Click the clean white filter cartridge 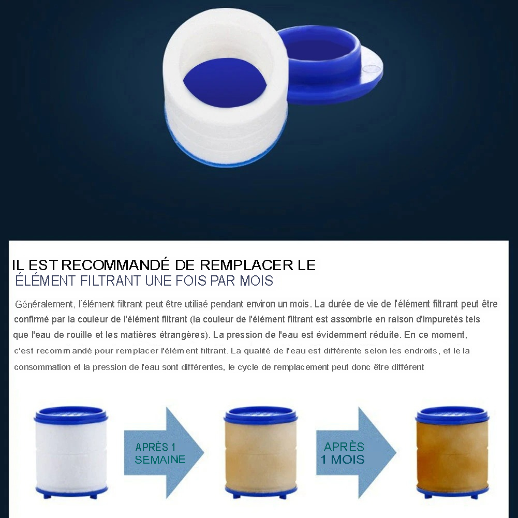click(x=71, y=452)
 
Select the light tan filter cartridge click(x=261, y=452)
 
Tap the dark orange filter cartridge click(x=452, y=452)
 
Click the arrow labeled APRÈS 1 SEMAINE click(x=164, y=453)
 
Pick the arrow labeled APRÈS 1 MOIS click(x=357, y=453)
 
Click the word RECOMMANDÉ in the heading click(x=115, y=264)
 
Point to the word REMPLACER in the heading click(x=246, y=265)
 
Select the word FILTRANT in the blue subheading click(x=111, y=281)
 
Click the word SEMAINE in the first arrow click(x=160, y=460)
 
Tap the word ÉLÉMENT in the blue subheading click(x=46, y=280)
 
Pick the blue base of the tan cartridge click(x=261, y=492)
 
